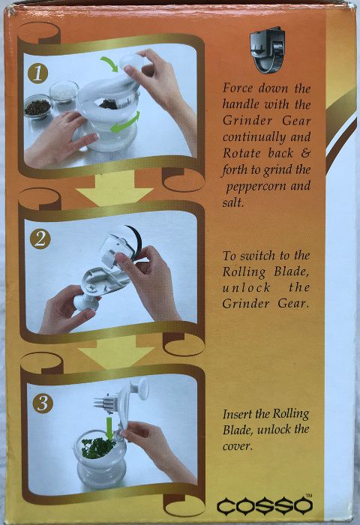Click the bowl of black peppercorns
(x=35, y=107)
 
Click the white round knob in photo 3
(x=137, y=387)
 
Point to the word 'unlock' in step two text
(x=245, y=288)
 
